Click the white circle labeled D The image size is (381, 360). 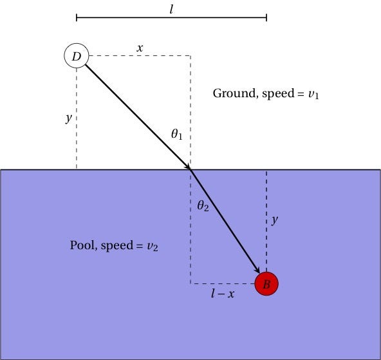(x=76, y=56)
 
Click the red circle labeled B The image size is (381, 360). (x=266, y=283)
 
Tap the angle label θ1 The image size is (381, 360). (x=177, y=135)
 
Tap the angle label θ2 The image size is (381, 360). (x=203, y=206)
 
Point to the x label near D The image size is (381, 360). (x=139, y=47)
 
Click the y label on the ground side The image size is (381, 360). (x=68, y=119)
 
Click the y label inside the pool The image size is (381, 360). (x=275, y=220)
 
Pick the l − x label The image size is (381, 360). (x=222, y=294)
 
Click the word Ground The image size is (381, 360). (x=234, y=93)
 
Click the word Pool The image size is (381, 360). (x=82, y=245)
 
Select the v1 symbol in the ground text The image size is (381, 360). (x=313, y=94)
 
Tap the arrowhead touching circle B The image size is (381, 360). (x=257, y=270)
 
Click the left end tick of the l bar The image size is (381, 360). (x=77, y=17)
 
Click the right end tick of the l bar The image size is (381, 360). (x=266, y=17)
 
